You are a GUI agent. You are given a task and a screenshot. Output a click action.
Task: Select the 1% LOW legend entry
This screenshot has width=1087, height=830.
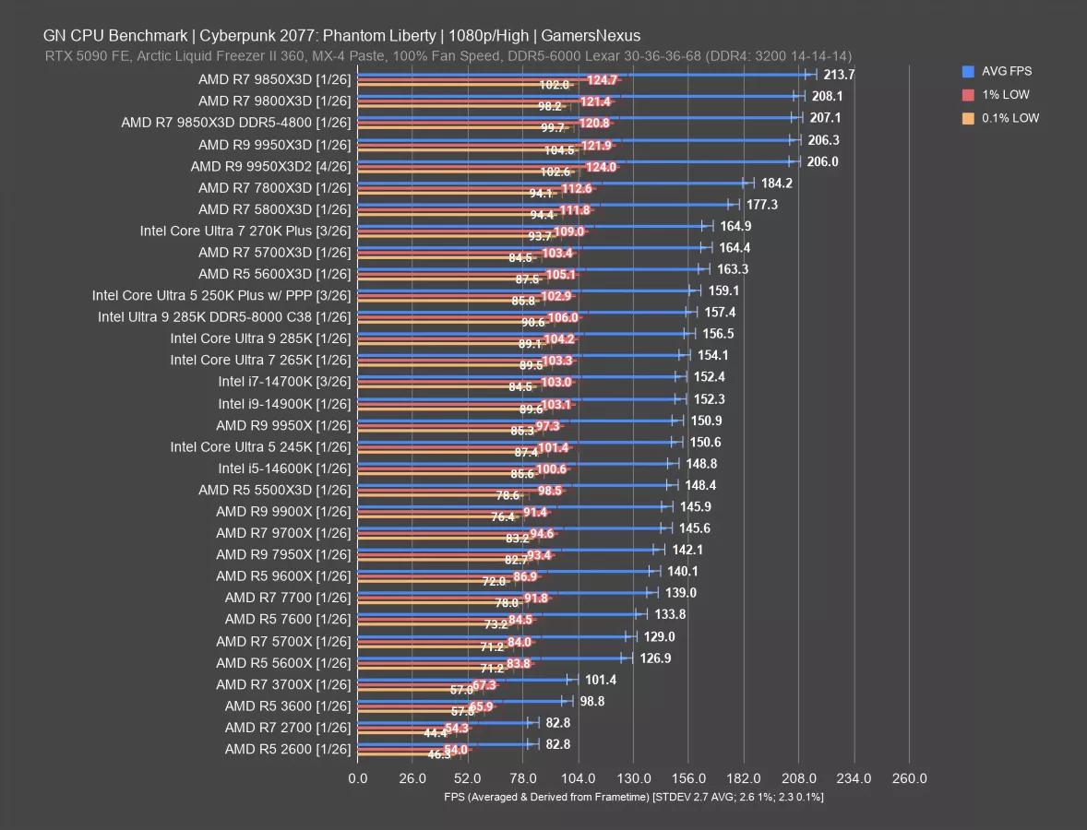(x=1006, y=94)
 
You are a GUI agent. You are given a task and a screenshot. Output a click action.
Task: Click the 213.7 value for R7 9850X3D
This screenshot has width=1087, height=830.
(x=839, y=75)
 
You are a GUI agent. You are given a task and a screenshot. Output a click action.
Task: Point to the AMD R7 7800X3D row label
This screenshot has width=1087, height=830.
(x=275, y=187)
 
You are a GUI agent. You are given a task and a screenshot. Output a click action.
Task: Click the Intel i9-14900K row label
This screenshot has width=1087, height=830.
(x=285, y=403)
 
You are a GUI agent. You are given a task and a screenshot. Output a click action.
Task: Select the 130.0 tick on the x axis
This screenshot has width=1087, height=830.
(x=633, y=779)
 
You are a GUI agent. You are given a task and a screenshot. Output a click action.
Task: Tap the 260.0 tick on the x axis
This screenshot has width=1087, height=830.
(x=909, y=779)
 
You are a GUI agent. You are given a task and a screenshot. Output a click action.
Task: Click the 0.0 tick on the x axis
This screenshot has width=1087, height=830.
(x=358, y=779)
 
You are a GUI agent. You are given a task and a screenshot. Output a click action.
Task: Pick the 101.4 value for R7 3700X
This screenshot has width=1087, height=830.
(x=601, y=680)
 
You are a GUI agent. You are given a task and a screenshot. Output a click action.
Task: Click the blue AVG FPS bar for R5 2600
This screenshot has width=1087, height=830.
(x=443, y=743)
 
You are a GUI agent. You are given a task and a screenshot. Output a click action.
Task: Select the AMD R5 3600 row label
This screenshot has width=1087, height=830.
(x=288, y=705)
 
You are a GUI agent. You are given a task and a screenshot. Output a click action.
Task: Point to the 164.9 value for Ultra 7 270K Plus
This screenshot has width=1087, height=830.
(x=735, y=226)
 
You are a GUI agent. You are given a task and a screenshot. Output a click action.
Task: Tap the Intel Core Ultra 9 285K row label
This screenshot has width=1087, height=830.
(x=261, y=338)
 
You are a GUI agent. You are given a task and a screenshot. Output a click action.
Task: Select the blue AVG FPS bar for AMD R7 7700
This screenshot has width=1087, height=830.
(x=504, y=592)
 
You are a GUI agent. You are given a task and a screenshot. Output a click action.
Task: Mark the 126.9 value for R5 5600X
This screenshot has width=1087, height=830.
(x=654, y=658)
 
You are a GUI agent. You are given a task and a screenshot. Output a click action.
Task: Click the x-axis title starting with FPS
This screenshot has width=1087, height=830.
(x=633, y=797)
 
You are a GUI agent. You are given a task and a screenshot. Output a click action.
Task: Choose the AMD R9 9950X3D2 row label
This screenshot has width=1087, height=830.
(x=271, y=166)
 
